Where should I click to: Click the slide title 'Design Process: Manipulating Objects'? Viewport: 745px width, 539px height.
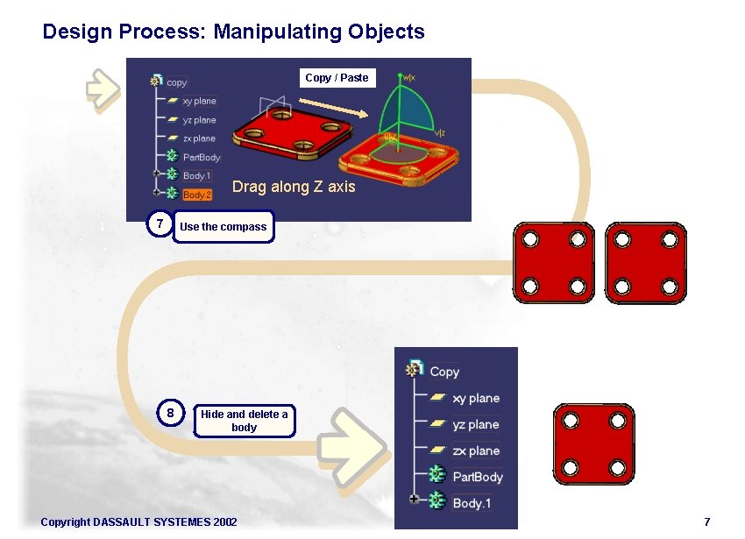[233, 32]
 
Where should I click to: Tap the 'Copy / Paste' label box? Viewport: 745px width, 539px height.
[337, 78]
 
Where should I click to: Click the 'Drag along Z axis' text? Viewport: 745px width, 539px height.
[294, 187]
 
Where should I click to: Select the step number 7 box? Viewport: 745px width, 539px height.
[159, 224]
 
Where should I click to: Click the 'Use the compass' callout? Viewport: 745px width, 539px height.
[223, 227]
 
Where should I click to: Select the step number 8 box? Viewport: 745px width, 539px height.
[172, 413]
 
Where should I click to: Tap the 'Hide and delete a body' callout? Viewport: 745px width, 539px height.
[244, 421]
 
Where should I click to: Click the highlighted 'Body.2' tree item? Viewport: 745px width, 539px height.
[197, 195]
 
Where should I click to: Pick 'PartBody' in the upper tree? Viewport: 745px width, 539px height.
[201, 157]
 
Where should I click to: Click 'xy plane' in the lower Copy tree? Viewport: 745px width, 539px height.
[475, 398]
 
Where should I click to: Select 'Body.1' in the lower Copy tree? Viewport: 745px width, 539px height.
[471, 503]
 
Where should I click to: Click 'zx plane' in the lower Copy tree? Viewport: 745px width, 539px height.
[475, 450]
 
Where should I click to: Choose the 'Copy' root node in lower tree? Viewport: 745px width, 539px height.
[443, 372]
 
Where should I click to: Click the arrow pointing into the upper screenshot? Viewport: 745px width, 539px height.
[103, 88]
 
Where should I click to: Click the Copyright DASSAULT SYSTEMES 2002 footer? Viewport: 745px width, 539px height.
[138, 522]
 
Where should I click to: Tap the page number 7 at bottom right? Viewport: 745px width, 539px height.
[706, 522]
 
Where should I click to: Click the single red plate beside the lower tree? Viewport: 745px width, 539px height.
[592, 443]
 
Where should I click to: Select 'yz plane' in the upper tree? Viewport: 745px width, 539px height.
[198, 120]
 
